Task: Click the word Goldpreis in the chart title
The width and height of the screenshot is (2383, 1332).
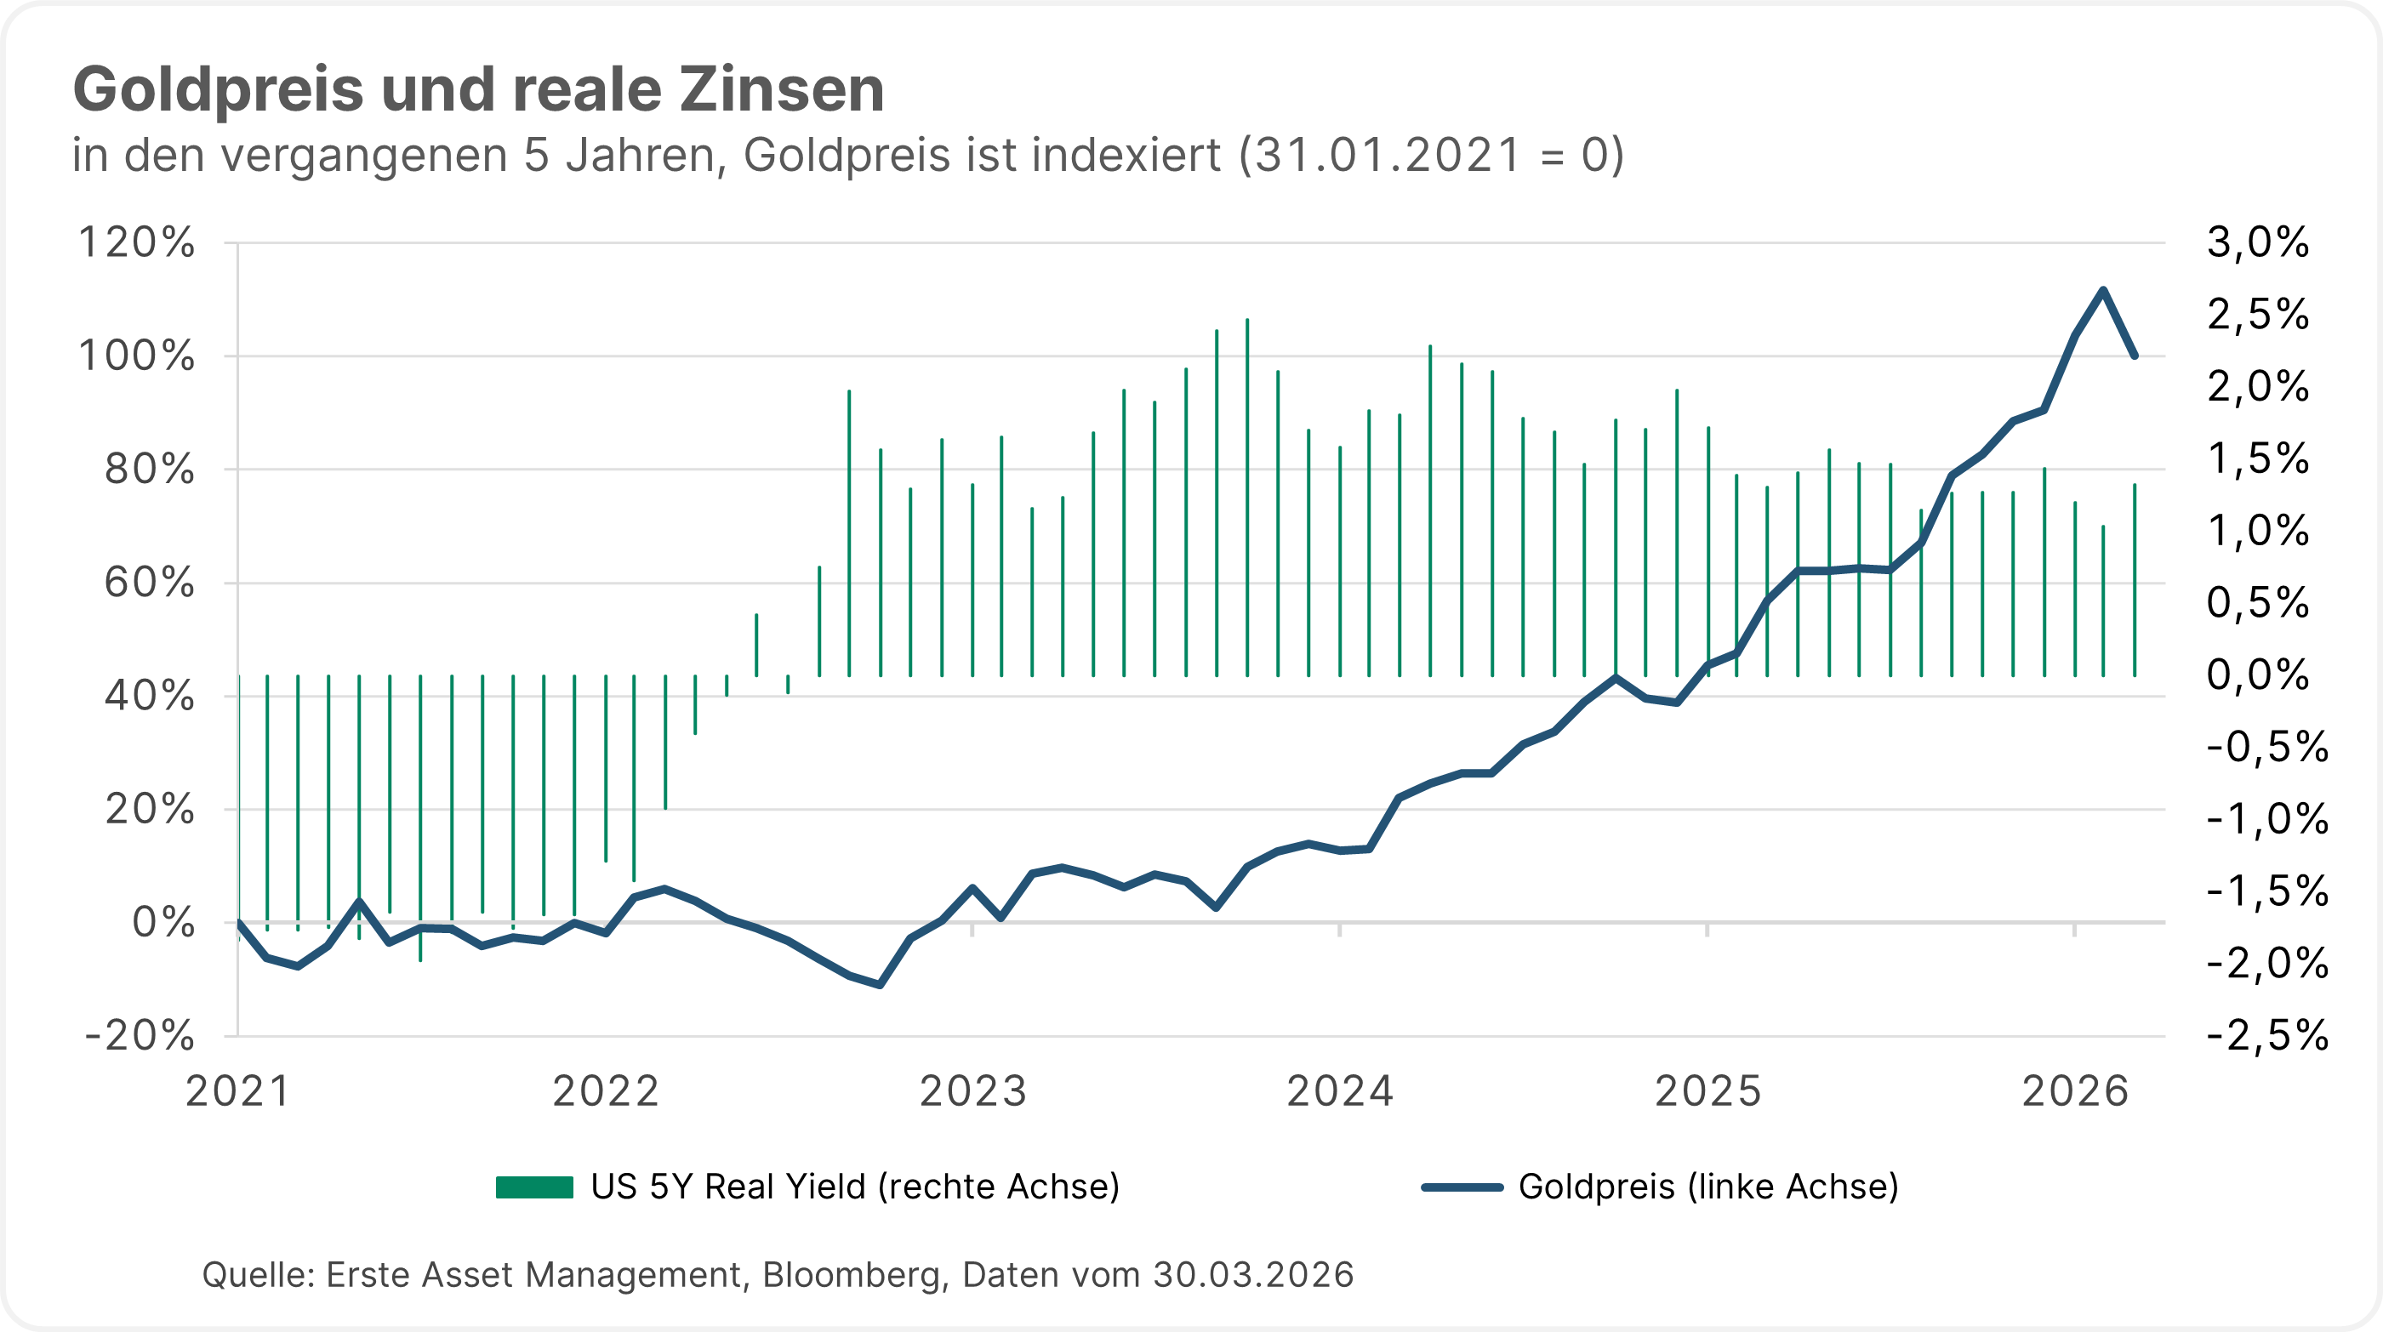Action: pyautogui.click(x=219, y=92)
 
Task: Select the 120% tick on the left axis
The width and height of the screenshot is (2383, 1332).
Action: pyautogui.click(x=137, y=243)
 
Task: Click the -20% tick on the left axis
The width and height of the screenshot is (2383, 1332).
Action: pyautogui.click(x=140, y=1035)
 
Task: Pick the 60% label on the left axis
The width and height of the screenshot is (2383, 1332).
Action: pyautogui.click(x=149, y=583)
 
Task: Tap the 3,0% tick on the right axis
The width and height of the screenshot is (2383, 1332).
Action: pyautogui.click(x=2258, y=242)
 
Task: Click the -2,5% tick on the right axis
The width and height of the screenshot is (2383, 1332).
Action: pyautogui.click(x=2267, y=1035)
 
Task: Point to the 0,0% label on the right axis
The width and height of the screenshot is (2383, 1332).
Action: pyautogui.click(x=2258, y=675)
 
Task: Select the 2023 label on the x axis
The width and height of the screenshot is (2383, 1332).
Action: pyautogui.click(x=972, y=1092)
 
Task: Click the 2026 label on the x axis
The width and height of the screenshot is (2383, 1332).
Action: pyautogui.click(x=2075, y=1092)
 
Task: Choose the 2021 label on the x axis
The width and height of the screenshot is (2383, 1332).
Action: pyautogui.click(x=237, y=1092)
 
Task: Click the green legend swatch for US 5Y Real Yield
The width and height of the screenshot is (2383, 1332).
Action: pyautogui.click(x=534, y=1187)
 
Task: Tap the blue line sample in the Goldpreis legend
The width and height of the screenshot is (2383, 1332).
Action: pyautogui.click(x=1462, y=1187)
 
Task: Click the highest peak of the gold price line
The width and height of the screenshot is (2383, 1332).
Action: pyautogui.click(x=2103, y=290)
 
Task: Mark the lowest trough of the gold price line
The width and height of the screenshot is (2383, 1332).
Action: pyautogui.click(x=880, y=985)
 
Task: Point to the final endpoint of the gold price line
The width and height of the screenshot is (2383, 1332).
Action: pyautogui.click(x=2135, y=356)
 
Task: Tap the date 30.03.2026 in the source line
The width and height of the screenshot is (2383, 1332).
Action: pyautogui.click(x=1252, y=1275)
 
